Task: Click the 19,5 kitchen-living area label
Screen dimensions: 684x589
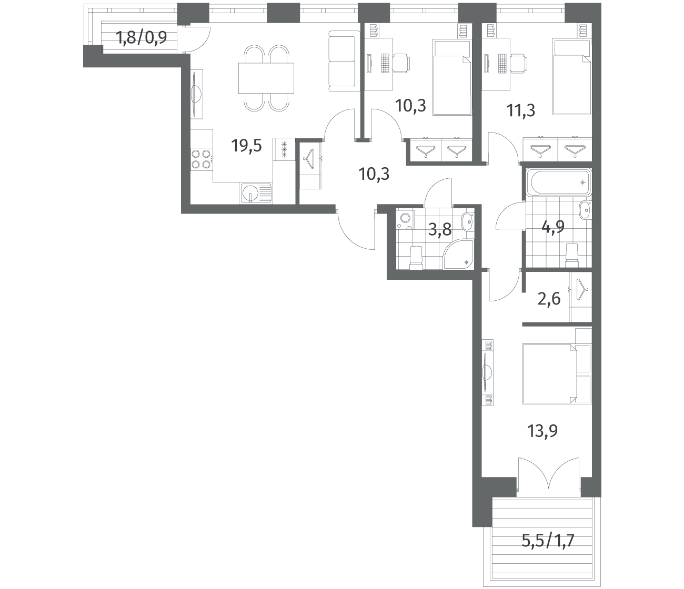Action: click(x=247, y=146)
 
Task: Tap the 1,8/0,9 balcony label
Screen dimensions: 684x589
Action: click(x=142, y=37)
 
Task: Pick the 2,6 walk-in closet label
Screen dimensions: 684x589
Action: click(x=549, y=299)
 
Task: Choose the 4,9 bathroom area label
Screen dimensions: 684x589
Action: click(x=553, y=227)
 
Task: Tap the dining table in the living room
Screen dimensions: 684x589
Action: click(x=266, y=78)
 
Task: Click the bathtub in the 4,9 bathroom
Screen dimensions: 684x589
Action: click(x=560, y=182)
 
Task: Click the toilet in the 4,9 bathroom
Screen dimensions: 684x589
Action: click(x=571, y=255)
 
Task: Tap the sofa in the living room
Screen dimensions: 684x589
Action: click(x=344, y=61)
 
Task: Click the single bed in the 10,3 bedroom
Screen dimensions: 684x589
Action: click(x=451, y=78)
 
